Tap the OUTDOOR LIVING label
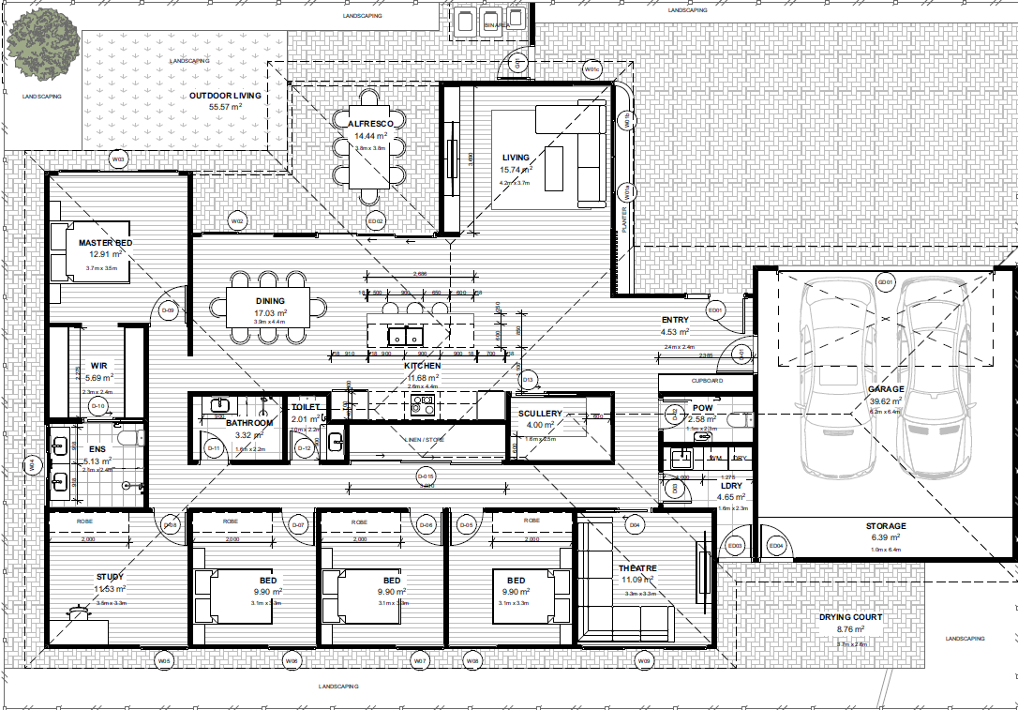point(225,96)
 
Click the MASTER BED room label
point(105,243)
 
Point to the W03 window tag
point(118,159)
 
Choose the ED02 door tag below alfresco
point(376,221)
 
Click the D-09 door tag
point(168,310)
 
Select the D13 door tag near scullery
point(528,379)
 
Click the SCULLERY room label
point(540,414)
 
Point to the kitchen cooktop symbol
point(422,404)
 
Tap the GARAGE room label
point(885,389)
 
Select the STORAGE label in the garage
point(885,526)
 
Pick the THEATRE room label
point(637,568)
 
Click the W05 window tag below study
point(165,661)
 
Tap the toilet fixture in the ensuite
point(129,438)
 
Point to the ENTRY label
point(675,320)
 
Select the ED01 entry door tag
point(715,310)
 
